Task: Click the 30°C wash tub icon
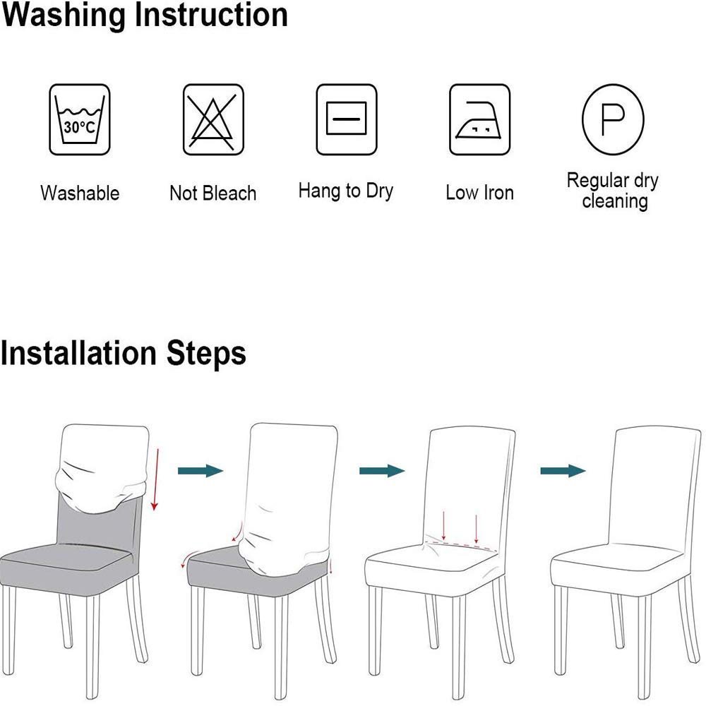coord(80,120)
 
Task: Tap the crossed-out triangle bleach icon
coord(213,120)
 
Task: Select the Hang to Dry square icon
coord(346,120)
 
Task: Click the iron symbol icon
coord(479,120)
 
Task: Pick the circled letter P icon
coord(613,120)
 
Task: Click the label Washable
coord(80,193)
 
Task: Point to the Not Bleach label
coord(213,193)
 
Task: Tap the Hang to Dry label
coord(346,191)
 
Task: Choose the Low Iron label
coord(479,193)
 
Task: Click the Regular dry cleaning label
coord(613,191)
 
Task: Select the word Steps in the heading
coord(206,354)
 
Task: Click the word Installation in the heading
coord(79,352)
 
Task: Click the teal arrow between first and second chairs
coord(201,471)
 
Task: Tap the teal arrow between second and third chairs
coord(382,471)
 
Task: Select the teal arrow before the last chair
coord(563,471)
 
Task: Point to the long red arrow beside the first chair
coord(156,479)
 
